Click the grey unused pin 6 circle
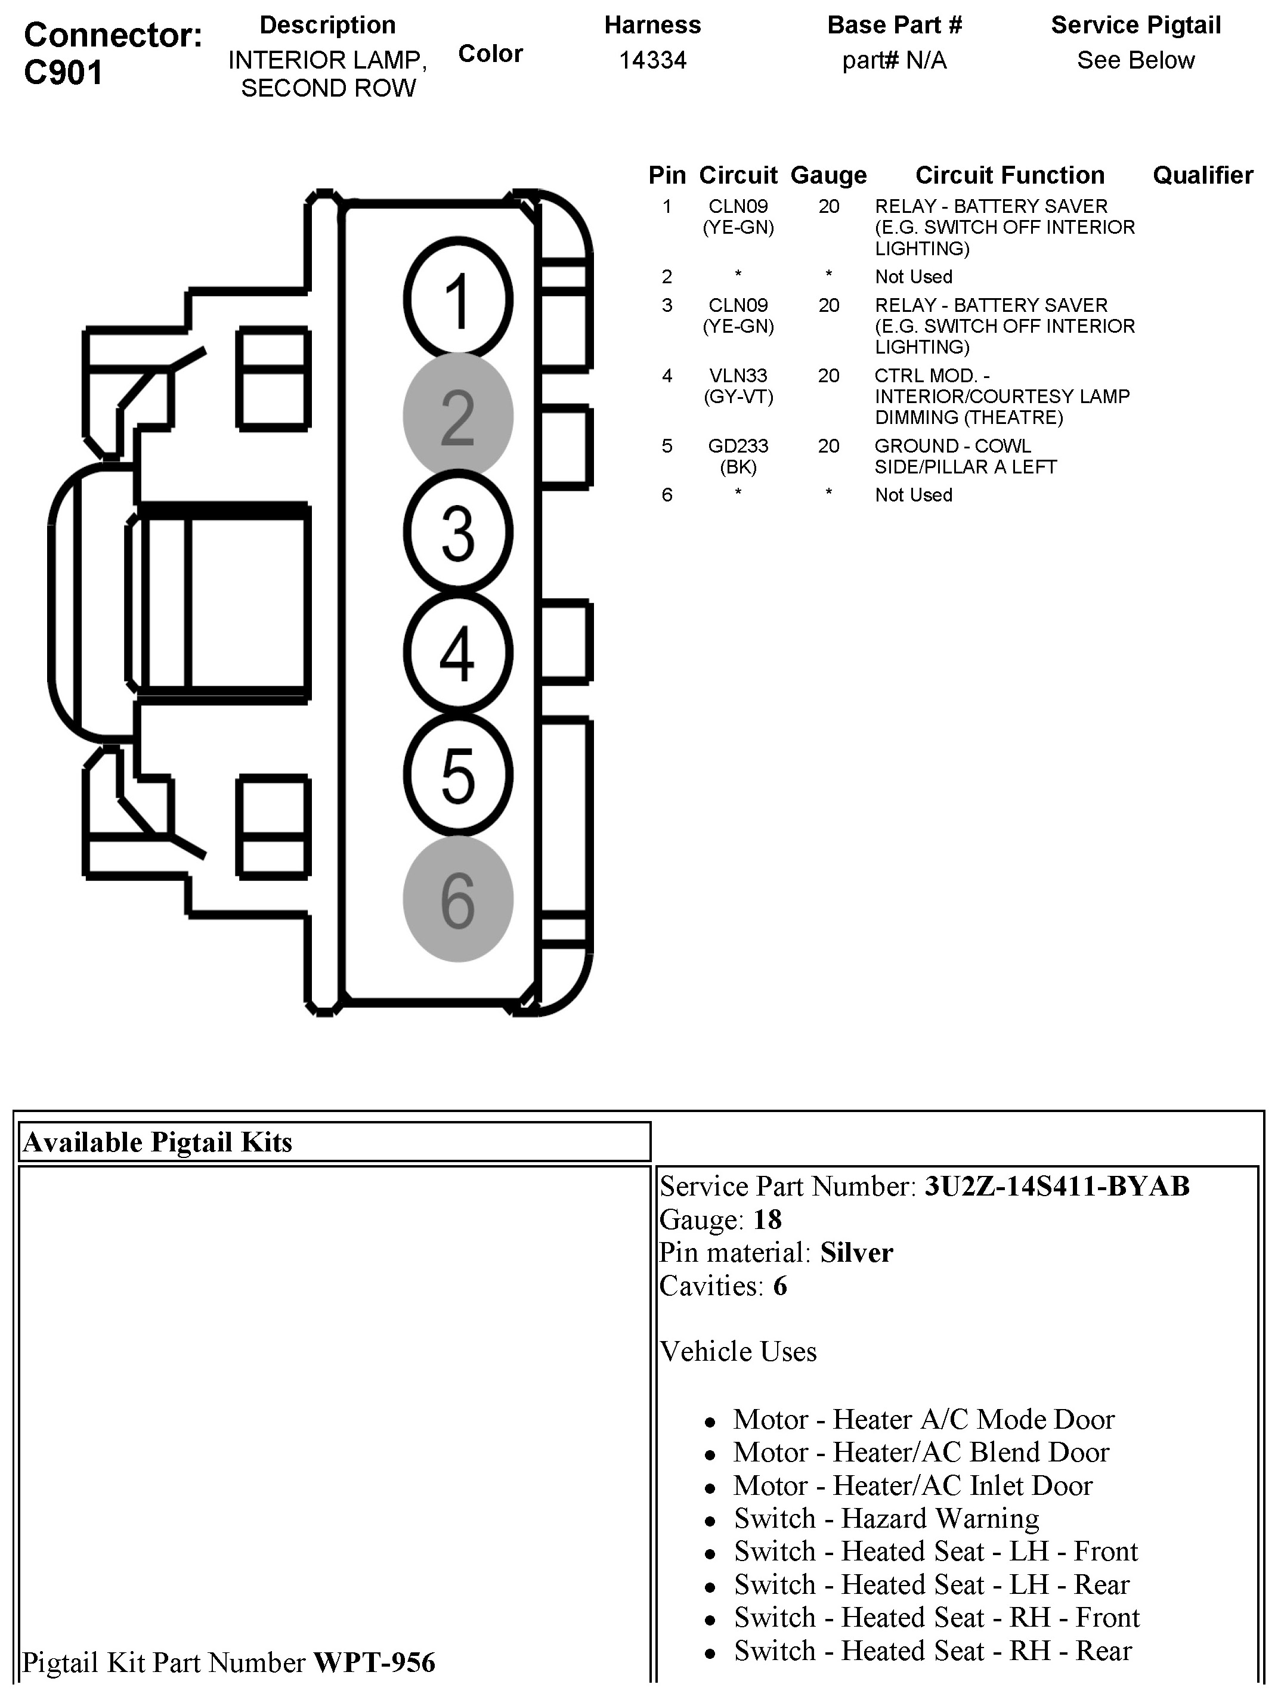pyautogui.click(x=458, y=899)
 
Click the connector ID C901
pyautogui.click(x=63, y=73)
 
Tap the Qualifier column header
pyautogui.click(x=1202, y=175)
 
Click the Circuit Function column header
pyautogui.click(x=1009, y=175)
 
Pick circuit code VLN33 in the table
pyautogui.click(x=738, y=376)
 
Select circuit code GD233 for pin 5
pyautogui.click(x=738, y=447)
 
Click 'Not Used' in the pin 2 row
pyautogui.click(x=913, y=277)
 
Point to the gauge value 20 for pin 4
pyautogui.click(x=828, y=376)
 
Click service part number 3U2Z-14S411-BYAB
pyautogui.click(x=1056, y=1187)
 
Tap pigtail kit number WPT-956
pyautogui.click(x=374, y=1663)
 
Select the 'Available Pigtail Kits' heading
pyautogui.click(x=158, y=1142)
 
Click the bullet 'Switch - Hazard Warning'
pyautogui.click(x=886, y=1518)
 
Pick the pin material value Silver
pyautogui.click(x=856, y=1253)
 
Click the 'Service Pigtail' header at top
pyautogui.click(x=1135, y=26)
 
